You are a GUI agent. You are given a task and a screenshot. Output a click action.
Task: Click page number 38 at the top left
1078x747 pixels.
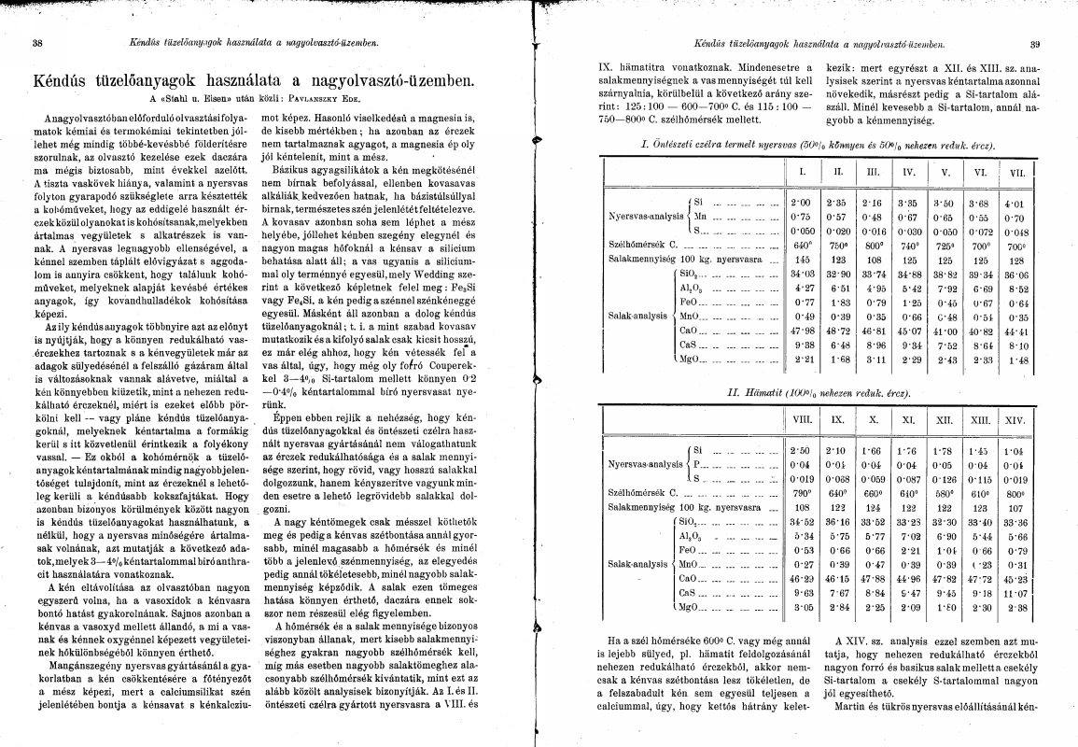pyautogui.click(x=36, y=43)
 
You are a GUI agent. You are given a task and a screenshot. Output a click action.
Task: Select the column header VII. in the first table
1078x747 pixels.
pyautogui.click(x=1015, y=174)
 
